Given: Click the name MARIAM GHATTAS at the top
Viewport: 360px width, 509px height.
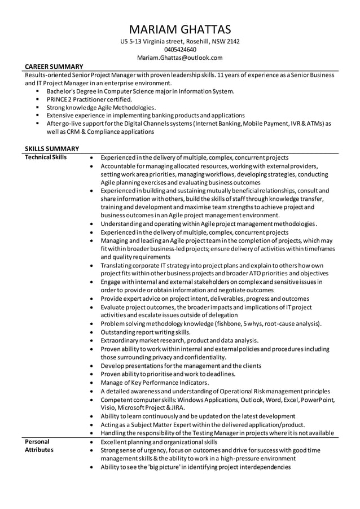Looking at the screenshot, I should click(x=180, y=29).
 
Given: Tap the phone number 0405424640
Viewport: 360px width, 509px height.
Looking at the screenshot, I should click(x=180, y=50).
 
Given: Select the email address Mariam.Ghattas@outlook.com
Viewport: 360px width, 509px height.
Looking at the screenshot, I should click(x=180, y=58).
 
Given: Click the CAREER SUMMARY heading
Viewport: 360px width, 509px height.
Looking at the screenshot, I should click(x=54, y=67).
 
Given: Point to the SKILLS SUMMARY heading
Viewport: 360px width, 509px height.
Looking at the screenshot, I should click(x=52, y=148).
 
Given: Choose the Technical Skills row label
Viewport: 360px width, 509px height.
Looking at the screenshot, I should click(x=46, y=157).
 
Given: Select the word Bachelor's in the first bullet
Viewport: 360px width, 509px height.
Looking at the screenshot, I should click(x=63, y=91).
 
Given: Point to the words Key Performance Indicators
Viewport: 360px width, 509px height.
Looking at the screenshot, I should click(x=167, y=383).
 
